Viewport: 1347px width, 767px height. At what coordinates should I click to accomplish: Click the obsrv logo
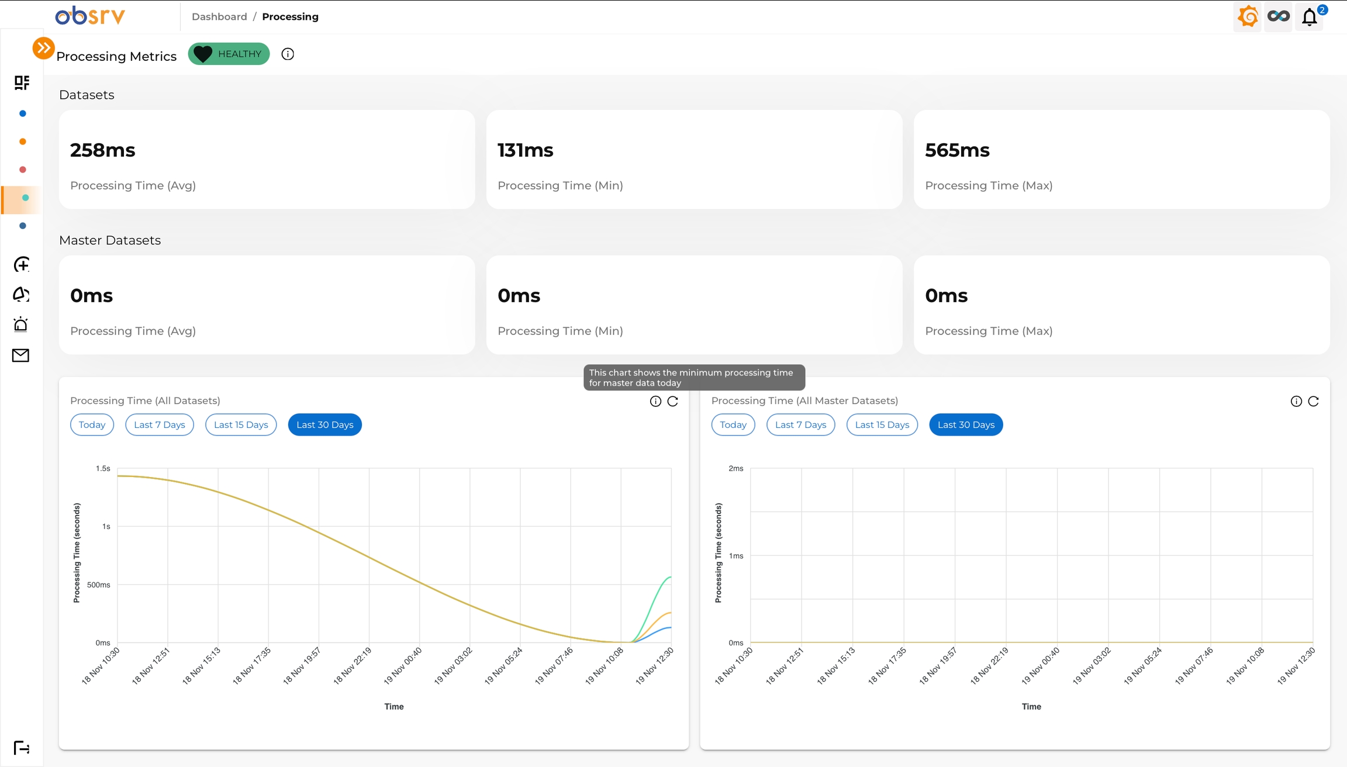(90, 16)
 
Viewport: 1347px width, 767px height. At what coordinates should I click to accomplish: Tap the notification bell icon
(1309, 17)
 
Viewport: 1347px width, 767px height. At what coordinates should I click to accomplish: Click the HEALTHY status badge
(229, 54)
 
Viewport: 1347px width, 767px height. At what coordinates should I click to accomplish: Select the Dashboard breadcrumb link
(219, 16)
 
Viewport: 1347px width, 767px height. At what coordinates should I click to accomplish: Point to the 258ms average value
(103, 150)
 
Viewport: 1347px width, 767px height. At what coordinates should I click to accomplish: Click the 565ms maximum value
(957, 150)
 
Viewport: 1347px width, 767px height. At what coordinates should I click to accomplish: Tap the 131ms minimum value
(525, 150)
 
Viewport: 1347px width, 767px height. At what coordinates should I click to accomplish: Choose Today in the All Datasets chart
(92, 424)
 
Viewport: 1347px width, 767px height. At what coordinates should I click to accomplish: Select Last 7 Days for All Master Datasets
(800, 424)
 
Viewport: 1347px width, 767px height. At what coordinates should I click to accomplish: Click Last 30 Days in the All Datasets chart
(324, 424)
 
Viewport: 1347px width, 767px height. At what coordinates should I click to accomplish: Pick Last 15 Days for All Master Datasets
(882, 424)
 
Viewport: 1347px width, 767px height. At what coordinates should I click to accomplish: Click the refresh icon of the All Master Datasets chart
(1313, 401)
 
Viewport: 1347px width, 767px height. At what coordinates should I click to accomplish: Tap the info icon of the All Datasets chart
(655, 401)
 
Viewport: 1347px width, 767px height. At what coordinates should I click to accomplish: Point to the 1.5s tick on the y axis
(103, 468)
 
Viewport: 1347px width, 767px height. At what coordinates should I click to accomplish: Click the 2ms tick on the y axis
(736, 468)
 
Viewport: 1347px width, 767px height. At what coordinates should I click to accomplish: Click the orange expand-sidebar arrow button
(43, 48)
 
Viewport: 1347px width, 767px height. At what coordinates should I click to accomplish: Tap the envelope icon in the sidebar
(21, 355)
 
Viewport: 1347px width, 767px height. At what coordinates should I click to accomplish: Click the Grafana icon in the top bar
(1248, 16)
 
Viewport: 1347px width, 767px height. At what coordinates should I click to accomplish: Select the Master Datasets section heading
(110, 240)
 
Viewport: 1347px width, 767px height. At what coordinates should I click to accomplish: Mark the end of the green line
(671, 577)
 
